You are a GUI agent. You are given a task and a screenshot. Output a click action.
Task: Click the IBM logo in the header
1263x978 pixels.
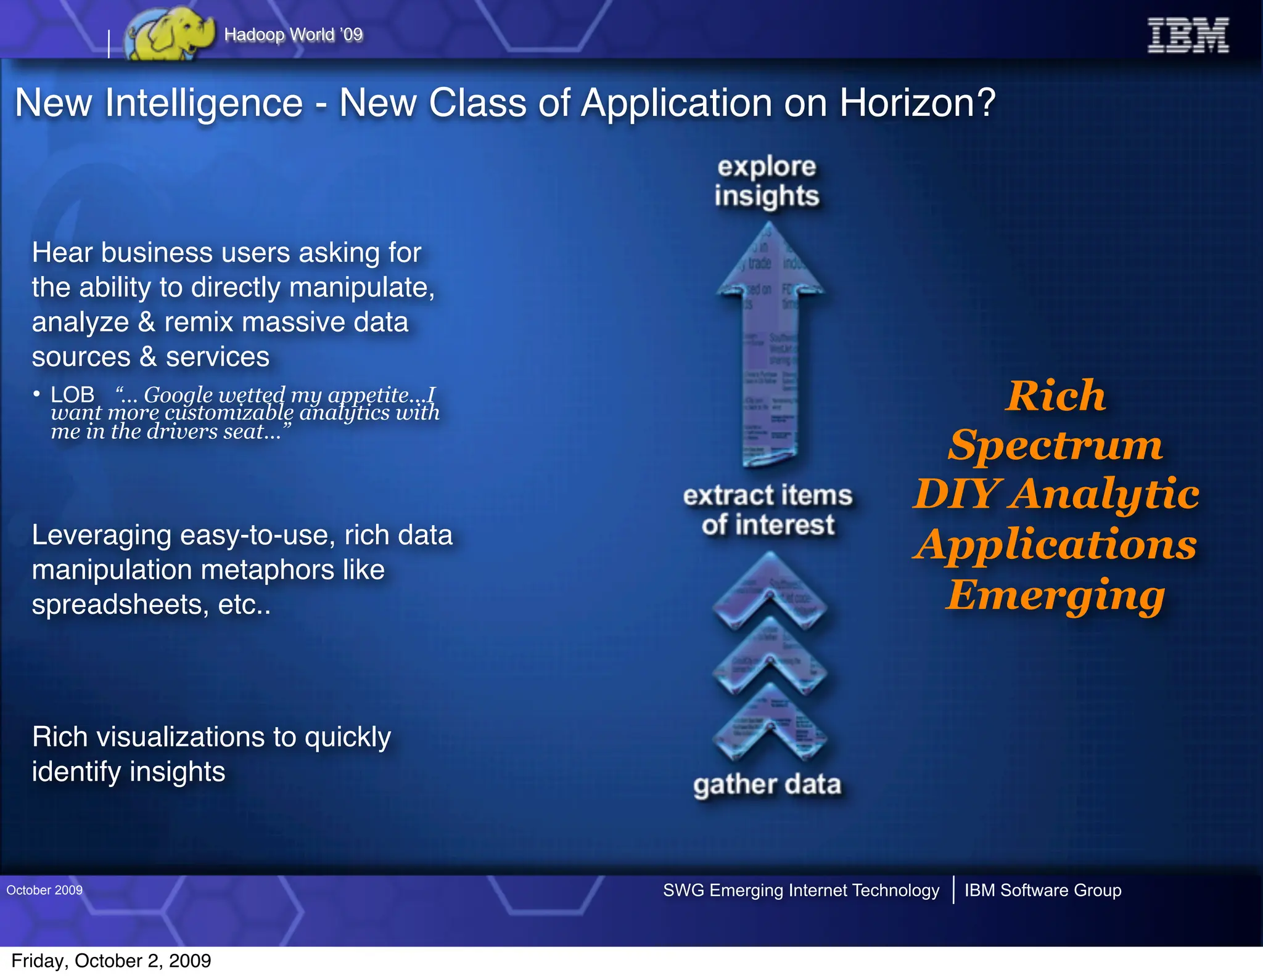1188,35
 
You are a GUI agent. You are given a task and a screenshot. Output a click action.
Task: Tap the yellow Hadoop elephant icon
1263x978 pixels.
168,35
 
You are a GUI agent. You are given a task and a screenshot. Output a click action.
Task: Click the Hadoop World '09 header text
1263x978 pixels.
294,35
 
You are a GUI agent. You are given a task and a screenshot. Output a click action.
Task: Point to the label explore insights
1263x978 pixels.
767,181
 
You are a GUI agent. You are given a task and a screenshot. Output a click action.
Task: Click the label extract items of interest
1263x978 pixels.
768,510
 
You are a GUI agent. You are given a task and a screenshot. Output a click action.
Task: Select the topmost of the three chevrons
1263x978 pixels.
770,592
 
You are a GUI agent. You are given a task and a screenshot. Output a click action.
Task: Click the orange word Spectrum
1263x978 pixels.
1055,445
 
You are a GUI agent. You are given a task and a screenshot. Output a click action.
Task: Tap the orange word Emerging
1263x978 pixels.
1055,595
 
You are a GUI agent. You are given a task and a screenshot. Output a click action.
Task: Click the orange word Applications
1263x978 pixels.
1055,545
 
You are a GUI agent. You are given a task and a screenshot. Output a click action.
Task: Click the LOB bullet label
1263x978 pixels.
72,394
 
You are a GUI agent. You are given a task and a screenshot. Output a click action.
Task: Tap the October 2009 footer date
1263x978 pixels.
44,890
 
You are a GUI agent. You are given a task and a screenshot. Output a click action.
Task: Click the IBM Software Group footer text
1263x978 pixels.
1042,890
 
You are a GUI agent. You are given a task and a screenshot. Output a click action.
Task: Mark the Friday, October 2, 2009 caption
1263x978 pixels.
111,961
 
